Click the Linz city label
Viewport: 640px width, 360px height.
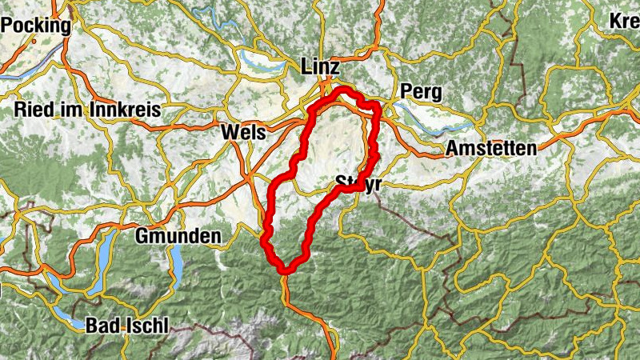pos(321,67)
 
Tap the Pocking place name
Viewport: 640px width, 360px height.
pos(35,25)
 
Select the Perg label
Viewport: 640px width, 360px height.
pos(422,91)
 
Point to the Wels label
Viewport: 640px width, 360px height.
pos(242,132)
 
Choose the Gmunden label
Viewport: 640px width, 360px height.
pos(178,236)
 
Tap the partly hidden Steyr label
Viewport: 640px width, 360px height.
pos(357,182)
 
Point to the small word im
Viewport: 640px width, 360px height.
pos(69,110)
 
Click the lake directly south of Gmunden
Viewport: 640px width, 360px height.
pos(174,260)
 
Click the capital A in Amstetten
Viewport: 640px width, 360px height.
pos(452,148)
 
